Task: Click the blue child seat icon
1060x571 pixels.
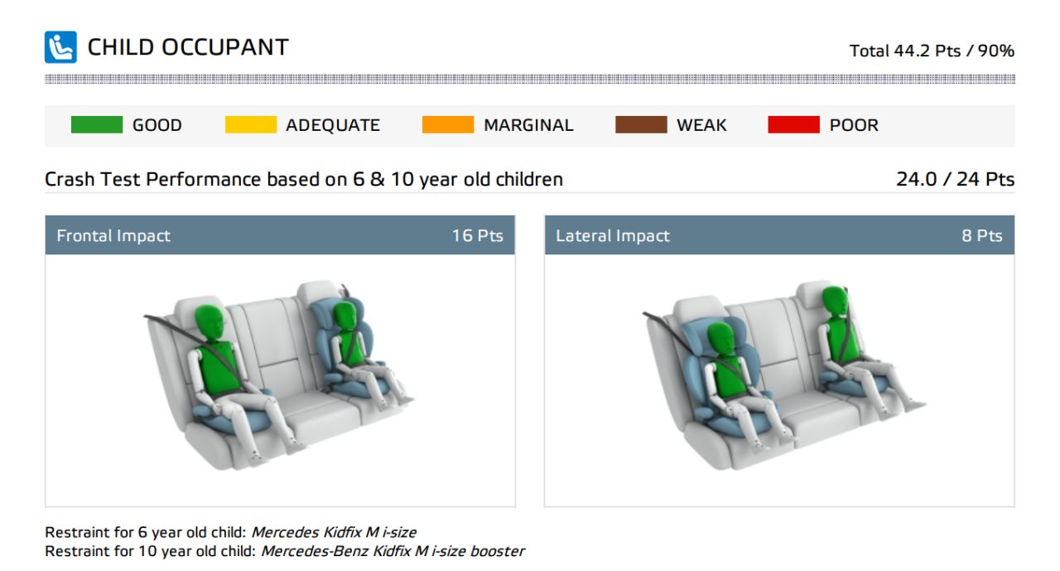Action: tap(60, 47)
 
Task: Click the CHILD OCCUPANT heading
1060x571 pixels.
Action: tap(188, 47)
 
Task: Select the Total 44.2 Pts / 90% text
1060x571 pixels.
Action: tap(932, 51)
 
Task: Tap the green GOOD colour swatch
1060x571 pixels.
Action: tap(97, 124)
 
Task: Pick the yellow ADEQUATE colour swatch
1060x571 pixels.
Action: tap(251, 124)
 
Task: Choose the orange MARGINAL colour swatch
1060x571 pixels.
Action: tap(448, 124)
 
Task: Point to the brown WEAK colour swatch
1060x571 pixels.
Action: tap(641, 124)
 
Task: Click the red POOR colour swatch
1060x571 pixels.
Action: tap(793, 124)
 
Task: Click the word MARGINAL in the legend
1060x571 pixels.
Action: tap(528, 125)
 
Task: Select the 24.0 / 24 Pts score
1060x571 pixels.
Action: tap(955, 180)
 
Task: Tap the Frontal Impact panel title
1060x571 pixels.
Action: tap(113, 235)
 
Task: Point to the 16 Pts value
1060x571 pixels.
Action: tap(477, 235)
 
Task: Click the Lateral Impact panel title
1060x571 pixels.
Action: tap(612, 235)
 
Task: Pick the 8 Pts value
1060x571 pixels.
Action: tap(982, 235)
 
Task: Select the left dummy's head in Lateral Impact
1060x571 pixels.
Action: tap(721, 340)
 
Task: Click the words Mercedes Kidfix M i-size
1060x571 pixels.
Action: tap(334, 532)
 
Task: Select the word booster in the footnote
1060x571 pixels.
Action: tap(497, 551)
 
